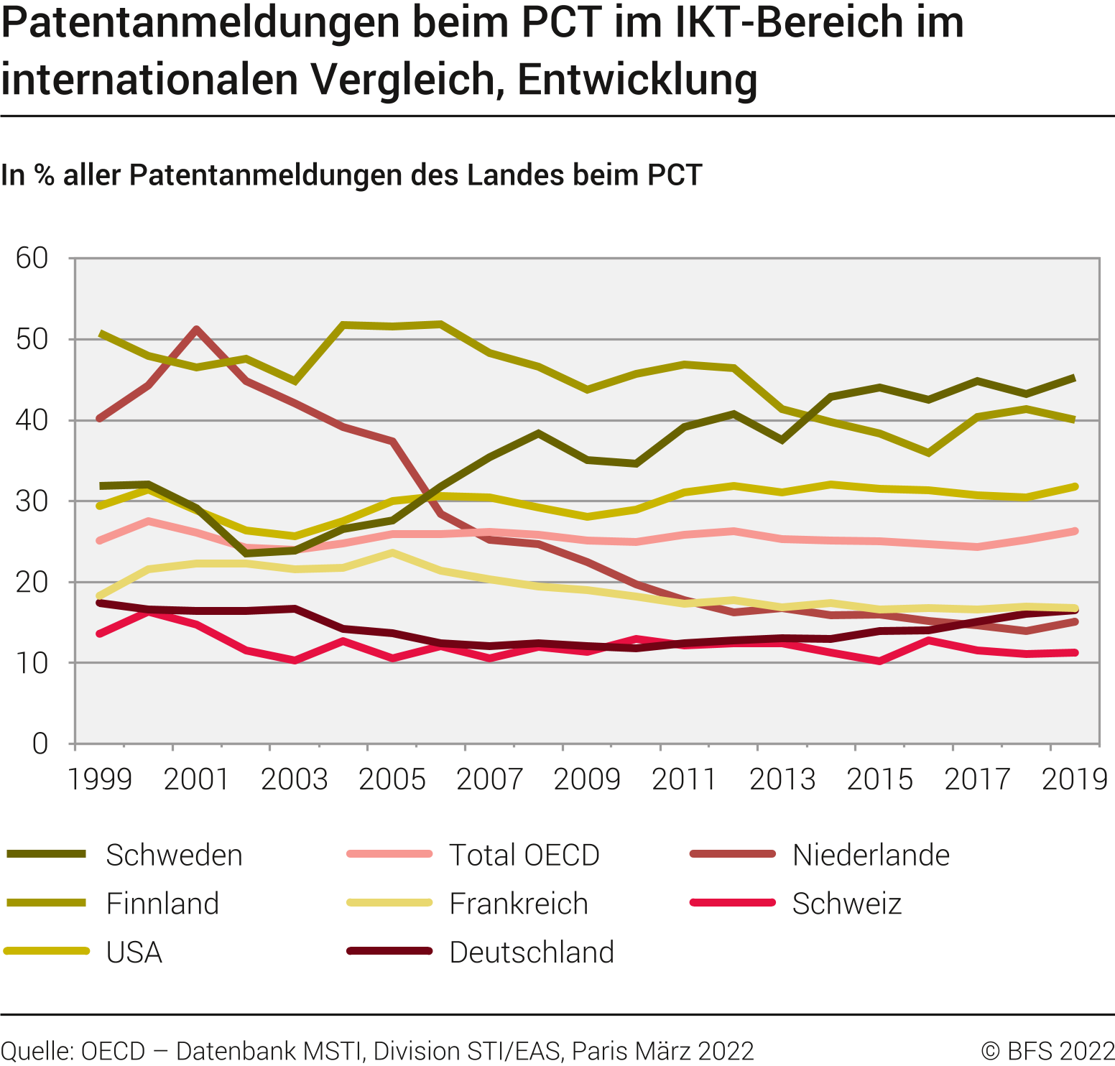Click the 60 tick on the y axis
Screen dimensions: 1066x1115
pos(32,258)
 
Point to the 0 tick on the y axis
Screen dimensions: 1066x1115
pos(40,743)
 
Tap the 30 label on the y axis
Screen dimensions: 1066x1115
pos(32,501)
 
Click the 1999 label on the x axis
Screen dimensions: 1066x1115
pos(100,779)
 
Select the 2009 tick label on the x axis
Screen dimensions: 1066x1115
pos(587,779)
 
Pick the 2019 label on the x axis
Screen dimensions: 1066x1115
pos(1075,779)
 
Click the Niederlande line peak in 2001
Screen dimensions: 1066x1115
pos(197,329)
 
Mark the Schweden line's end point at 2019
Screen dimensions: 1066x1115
pos(1075,378)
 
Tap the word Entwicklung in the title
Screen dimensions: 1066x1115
pos(637,79)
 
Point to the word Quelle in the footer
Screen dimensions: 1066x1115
pos(37,1051)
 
